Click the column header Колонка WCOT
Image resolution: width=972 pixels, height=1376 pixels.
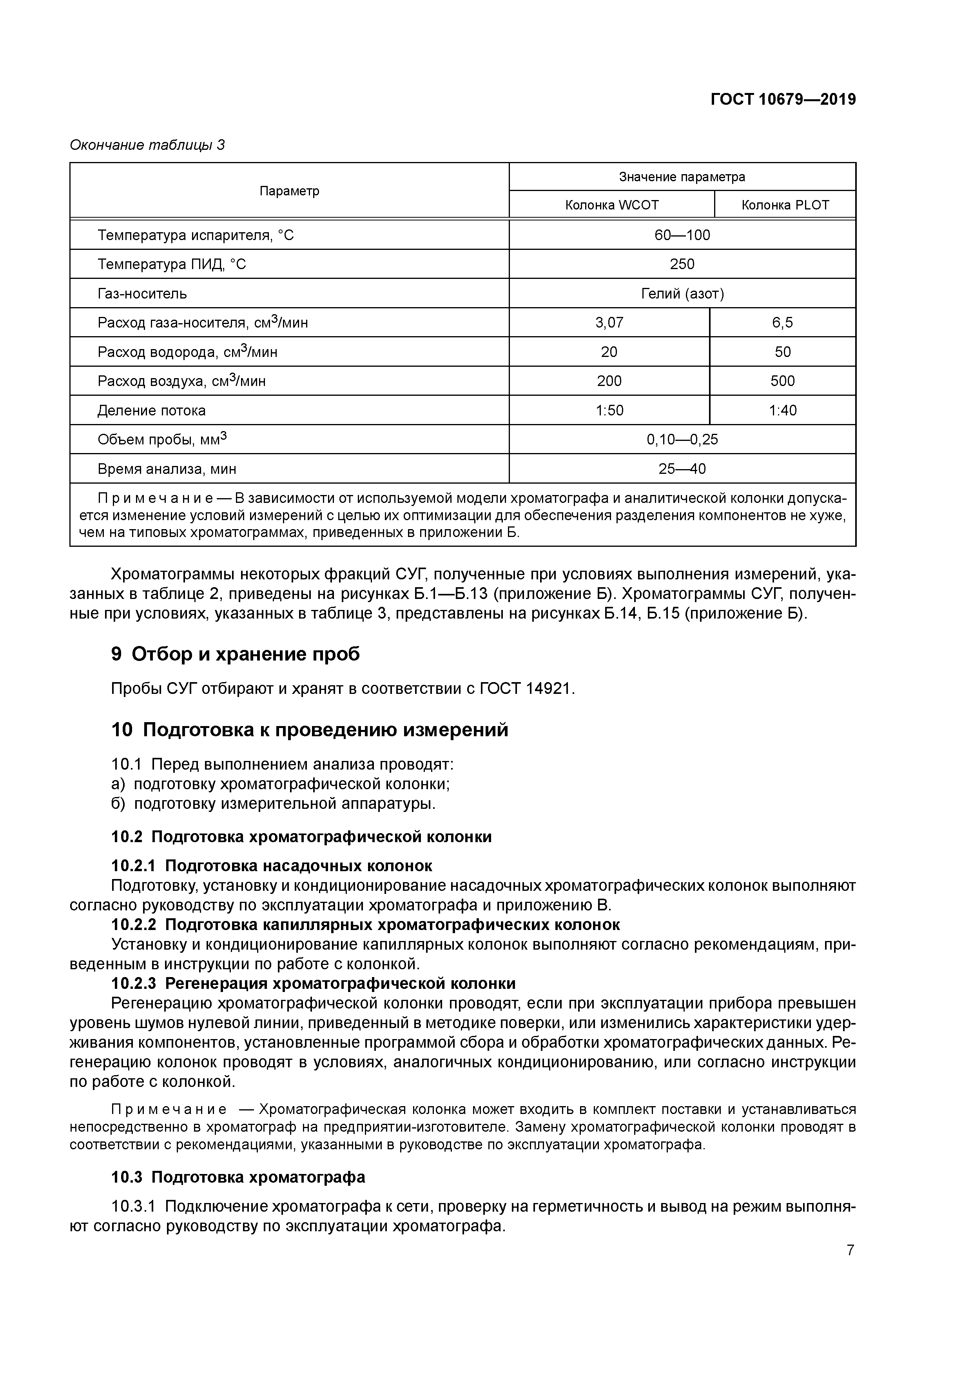(611, 205)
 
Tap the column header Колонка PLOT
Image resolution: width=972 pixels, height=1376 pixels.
(785, 205)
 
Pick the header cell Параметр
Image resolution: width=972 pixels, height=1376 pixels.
(289, 191)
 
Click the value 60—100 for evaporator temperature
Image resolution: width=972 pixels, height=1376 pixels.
(682, 235)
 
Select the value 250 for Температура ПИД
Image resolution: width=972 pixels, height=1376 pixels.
(682, 264)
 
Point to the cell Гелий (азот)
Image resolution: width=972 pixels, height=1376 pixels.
(682, 294)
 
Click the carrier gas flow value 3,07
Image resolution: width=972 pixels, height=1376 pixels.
(609, 323)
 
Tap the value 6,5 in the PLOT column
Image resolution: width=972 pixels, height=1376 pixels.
(782, 323)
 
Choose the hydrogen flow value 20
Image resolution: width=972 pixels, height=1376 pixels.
(609, 352)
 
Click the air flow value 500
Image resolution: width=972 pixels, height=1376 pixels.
(782, 381)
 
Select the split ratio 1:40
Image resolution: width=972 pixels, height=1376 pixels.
(782, 411)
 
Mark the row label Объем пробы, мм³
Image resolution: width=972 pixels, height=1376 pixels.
(162, 440)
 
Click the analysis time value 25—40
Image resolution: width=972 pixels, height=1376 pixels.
(682, 469)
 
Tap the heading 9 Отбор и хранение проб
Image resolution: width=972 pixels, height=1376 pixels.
(236, 654)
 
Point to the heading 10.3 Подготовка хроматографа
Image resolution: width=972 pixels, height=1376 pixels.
(238, 1177)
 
